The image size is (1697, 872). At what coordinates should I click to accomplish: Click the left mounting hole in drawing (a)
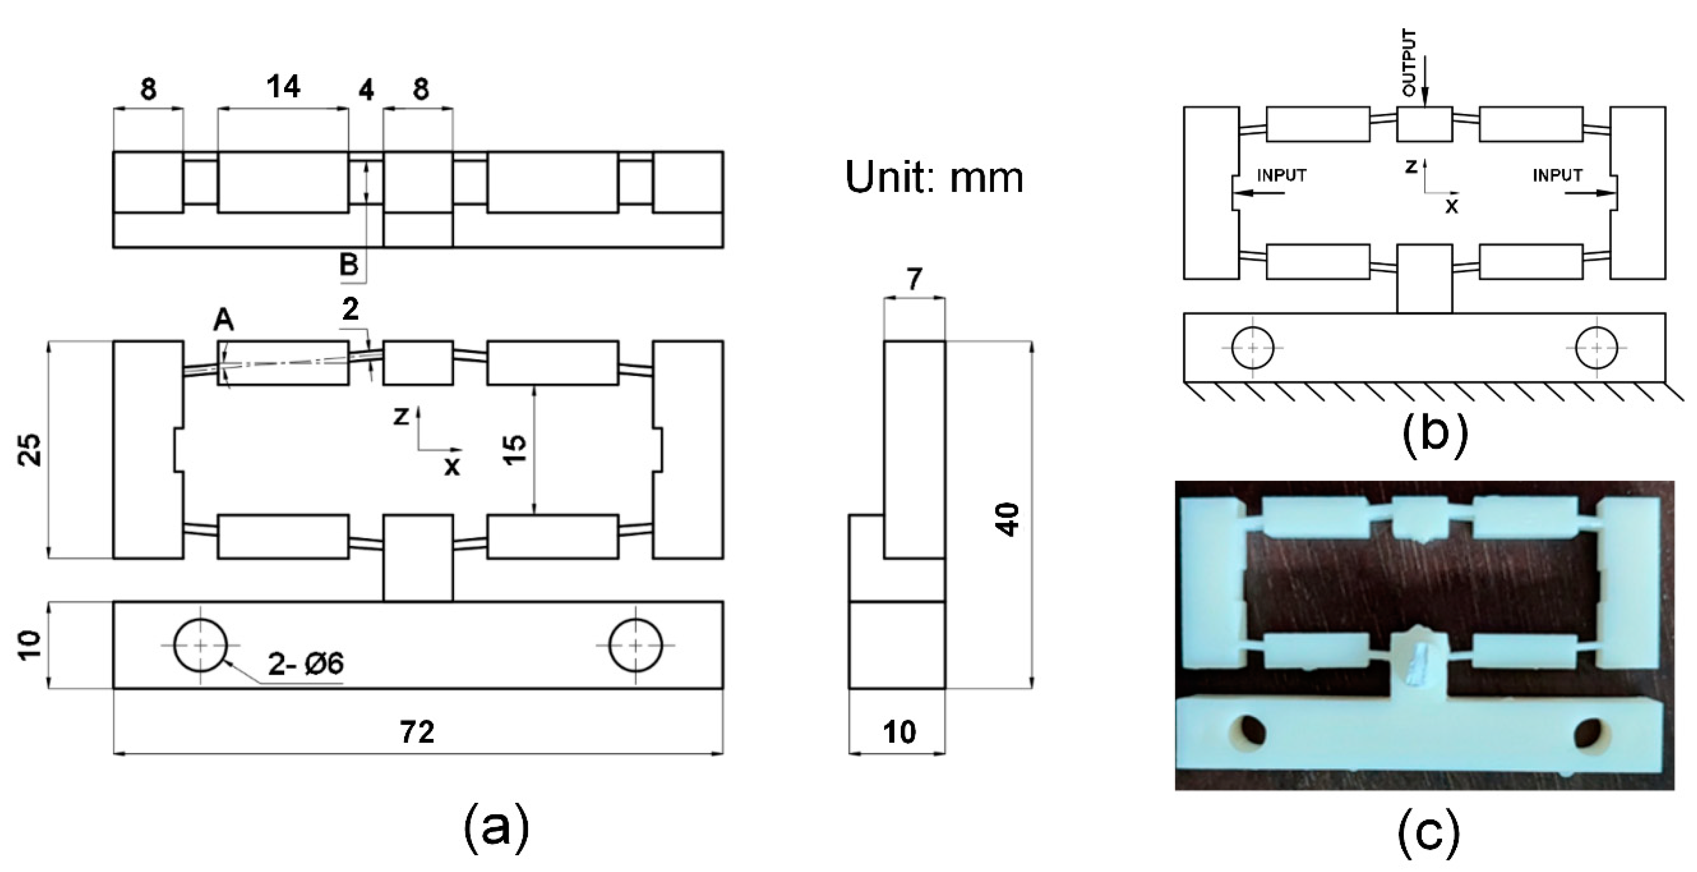(x=200, y=645)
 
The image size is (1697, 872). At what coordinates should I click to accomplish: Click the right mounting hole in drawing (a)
(x=636, y=645)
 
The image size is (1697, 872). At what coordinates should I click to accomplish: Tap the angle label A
(x=223, y=320)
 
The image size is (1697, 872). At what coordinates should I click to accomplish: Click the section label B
(x=349, y=265)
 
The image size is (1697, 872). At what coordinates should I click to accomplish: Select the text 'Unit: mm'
(x=934, y=177)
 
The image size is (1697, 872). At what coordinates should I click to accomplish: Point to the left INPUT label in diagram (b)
(x=1281, y=176)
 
